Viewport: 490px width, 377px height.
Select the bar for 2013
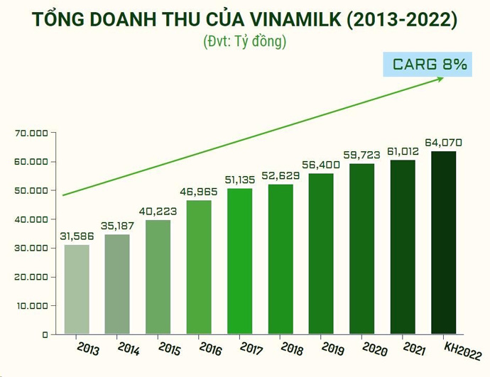pos(77,289)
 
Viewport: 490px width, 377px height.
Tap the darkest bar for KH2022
pos(444,242)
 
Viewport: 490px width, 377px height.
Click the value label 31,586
pos(77,236)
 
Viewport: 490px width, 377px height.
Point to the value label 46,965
pos(200,192)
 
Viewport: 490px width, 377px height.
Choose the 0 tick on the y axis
pos(44,334)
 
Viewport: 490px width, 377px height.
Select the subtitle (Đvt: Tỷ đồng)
pos(244,41)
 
